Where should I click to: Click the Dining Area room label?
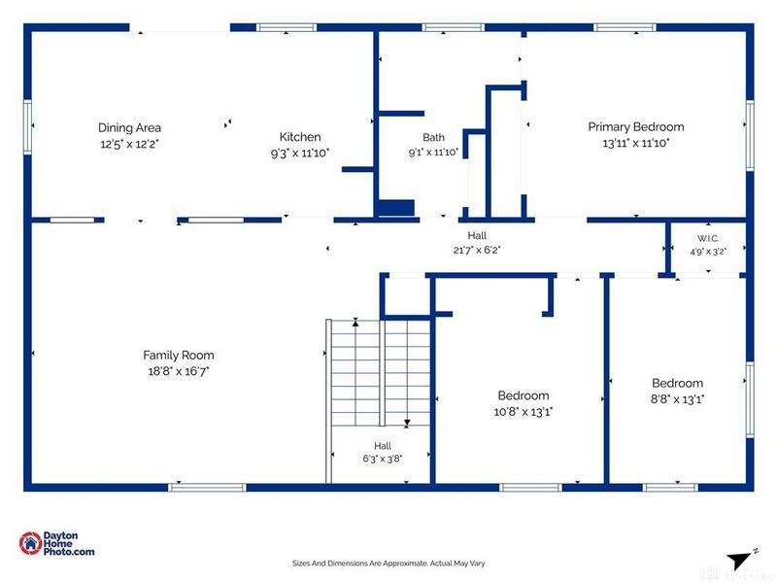[129, 128]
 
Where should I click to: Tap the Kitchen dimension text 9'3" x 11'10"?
[300, 153]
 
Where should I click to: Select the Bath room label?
[433, 137]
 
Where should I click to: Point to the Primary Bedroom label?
[636, 127]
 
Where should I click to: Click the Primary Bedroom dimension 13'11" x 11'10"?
[636, 143]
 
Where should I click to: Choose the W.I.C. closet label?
[708, 238]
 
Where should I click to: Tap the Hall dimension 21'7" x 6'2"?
[477, 250]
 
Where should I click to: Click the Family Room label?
[179, 355]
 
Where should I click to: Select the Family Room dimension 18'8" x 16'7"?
[179, 371]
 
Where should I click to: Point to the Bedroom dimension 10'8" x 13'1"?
[524, 411]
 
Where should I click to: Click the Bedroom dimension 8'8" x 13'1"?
[677, 399]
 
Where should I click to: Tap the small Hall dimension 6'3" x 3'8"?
[382, 459]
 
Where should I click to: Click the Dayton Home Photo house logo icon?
[30, 543]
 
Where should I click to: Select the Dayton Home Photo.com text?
[68, 543]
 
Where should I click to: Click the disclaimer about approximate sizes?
[388, 564]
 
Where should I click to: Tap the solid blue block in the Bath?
[396, 208]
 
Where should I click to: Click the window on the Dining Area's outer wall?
[28, 127]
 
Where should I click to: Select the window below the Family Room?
[207, 488]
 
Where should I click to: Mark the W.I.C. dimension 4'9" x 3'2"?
[708, 252]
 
